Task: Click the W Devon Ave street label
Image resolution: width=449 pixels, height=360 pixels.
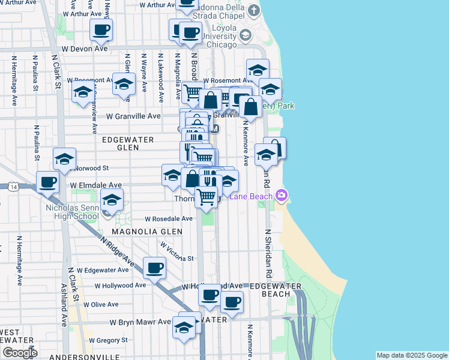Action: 84,48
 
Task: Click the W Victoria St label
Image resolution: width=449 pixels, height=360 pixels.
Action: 178,251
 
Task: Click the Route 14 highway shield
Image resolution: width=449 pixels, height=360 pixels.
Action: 13,187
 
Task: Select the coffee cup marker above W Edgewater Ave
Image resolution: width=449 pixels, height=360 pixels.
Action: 154,267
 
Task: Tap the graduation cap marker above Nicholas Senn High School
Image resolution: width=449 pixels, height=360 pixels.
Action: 112,199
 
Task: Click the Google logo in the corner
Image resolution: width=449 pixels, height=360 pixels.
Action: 20,353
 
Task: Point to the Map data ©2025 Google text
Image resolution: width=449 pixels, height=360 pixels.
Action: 412,355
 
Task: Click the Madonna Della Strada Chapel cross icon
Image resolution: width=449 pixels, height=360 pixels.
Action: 255,11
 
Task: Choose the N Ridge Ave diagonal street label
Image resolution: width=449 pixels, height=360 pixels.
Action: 118,251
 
